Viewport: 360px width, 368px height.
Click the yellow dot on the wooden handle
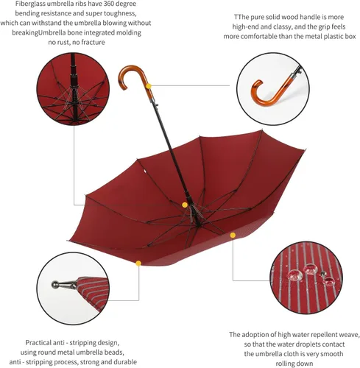coord(149,86)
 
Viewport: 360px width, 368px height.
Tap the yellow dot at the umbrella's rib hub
coord(185,205)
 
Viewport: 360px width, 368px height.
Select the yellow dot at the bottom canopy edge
coord(138,263)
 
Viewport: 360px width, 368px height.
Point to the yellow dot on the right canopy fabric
coord(233,236)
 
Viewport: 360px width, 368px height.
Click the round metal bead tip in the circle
coord(55,284)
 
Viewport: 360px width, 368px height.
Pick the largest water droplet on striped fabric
coord(294,275)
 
